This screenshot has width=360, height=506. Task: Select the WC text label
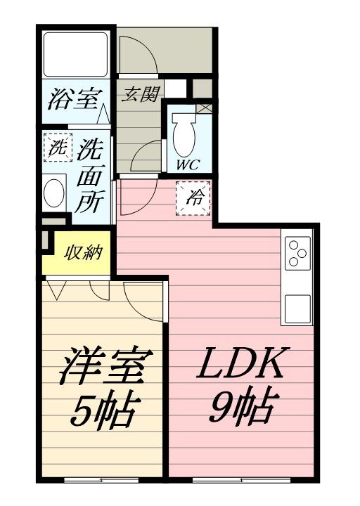pyautogui.click(x=186, y=165)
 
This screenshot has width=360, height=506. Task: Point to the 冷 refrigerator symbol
pyautogui.click(x=194, y=197)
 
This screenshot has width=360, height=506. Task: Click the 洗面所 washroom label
pyautogui.click(x=89, y=176)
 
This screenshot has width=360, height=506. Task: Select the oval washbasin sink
pyautogui.click(x=54, y=193)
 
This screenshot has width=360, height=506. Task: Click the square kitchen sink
pyautogui.click(x=297, y=308)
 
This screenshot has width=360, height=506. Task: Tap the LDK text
pyautogui.click(x=243, y=363)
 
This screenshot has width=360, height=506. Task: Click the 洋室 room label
pyautogui.click(x=103, y=367)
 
